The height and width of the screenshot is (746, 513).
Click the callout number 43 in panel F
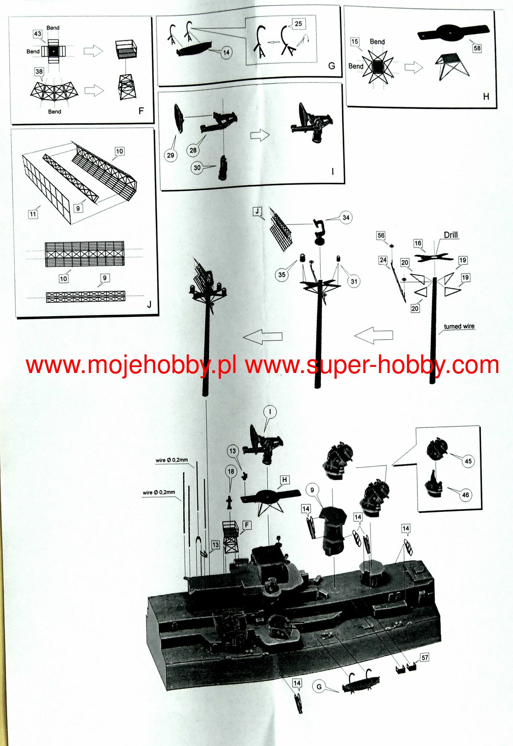click(x=38, y=34)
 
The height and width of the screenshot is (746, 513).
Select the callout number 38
click(x=39, y=71)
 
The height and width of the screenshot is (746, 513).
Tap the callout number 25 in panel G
click(x=298, y=24)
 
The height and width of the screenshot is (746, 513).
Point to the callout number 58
click(x=477, y=48)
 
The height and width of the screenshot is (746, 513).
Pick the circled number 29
click(x=170, y=155)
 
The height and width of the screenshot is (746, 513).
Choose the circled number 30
click(x=197, y=168)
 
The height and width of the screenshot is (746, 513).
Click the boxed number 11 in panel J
click(x=33, y=214)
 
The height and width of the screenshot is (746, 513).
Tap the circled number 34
click(x=346, y=217)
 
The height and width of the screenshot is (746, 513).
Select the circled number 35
click(x=281, y=275)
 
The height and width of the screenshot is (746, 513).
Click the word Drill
click(x=451, y=235)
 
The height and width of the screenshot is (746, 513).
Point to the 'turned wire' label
click(x=459, y=326)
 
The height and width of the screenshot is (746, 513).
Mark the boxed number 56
click(x=381, y=235)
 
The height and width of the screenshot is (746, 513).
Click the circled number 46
click(x=465, y=495)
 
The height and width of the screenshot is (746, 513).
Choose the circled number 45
click(x=468, y=461)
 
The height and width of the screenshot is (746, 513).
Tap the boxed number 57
click(x=425, y=657)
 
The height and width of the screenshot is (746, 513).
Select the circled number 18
click(x=231, y=471)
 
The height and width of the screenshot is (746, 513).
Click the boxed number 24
click(x=383, y=260)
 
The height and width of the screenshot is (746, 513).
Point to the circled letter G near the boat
click(x=319, y=687)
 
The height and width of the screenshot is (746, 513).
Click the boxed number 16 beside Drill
click(x=418, y=243)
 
